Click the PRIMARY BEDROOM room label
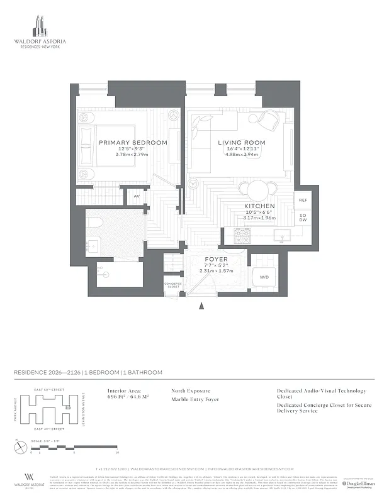(x=133, y=143)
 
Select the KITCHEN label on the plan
(x=259, y=206)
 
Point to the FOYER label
(x=216, y=259)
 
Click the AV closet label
(x=137, y=197)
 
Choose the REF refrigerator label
(x=302, y=200)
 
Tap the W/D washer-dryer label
(x=264, y=276)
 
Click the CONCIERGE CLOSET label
(x=173, y=285)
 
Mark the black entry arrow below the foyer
(x=201, y=306)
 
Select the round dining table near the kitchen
(x=257, y=190)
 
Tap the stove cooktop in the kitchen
(x=243, y=236)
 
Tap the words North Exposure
(x=191, y=390)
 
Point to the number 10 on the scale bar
(x=117, y=452)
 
